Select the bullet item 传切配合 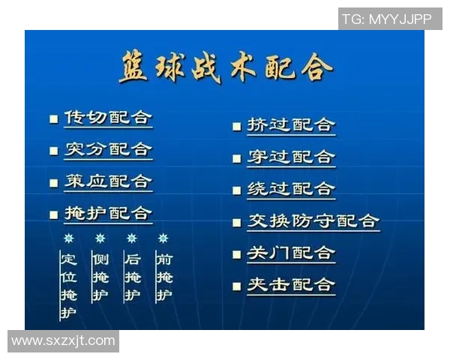point(108,118)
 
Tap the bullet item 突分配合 point(108,150)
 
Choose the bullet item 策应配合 point(108,182)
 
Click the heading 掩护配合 point(108,214)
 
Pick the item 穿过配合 point(291,157)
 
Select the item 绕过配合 point(291,189)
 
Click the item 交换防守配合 point(313,221)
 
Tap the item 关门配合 point(291,253)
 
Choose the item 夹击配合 point(291,285)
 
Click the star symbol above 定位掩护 point(69,238)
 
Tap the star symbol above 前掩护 point(163,238)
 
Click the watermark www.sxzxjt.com point(64,341)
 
